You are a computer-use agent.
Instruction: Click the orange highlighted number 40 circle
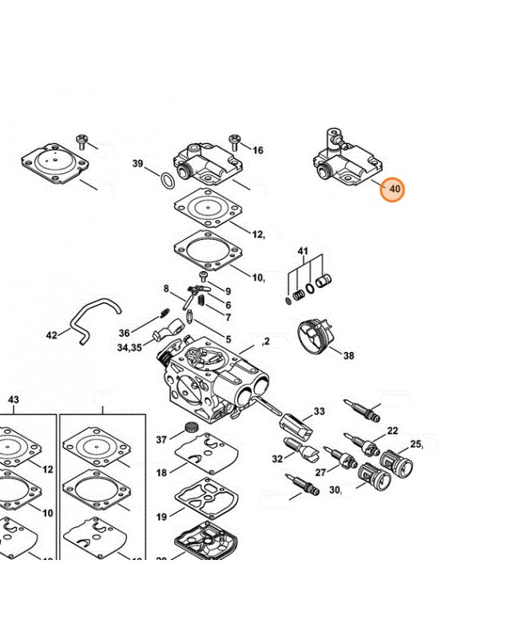point(392,190)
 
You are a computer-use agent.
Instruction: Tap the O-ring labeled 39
point(167,181)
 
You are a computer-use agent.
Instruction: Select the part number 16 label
point(257,150)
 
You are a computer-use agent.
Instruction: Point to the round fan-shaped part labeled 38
point(315,335)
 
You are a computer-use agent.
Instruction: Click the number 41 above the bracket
point(303,251)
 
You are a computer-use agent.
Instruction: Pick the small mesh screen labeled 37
point(189,428)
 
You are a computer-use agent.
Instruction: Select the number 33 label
point(319,411)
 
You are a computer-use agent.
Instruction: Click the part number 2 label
point(267,341)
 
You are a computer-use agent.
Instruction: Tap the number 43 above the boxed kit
point(14,399)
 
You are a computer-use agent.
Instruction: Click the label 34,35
point(129,348)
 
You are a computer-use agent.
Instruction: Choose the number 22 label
point(392,430)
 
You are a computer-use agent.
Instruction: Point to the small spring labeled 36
point(164,314)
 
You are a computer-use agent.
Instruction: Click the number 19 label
point(161,517)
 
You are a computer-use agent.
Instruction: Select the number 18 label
point(161,473)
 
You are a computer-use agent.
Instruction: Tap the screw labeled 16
point(235,141)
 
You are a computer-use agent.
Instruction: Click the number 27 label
point(321,472)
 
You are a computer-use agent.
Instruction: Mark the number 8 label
point(166,289)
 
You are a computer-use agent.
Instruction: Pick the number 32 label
point(277,458)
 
